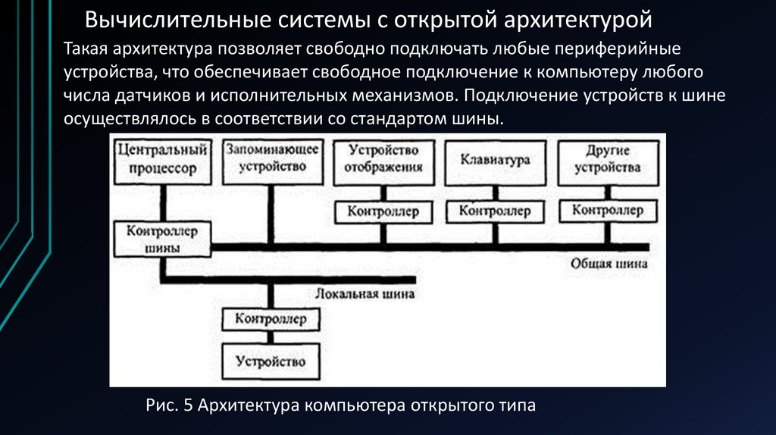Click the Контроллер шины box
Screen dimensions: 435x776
click(x=161, y=239)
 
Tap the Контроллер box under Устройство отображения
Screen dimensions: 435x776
click(x=383, y=211)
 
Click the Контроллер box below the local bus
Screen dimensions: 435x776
click(x=271, y=319)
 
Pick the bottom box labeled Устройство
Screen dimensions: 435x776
click(x=271, y=361)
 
